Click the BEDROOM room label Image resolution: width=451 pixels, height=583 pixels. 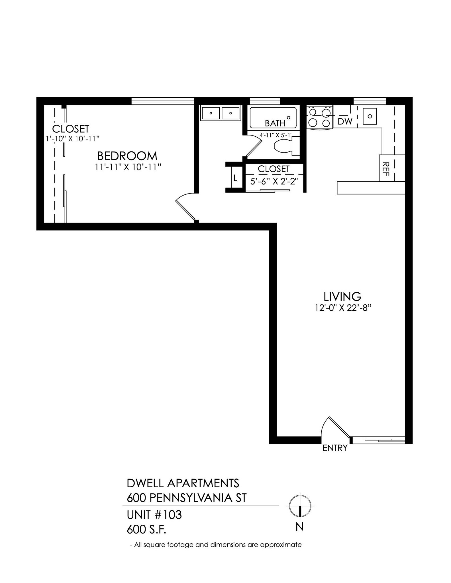point(127,156)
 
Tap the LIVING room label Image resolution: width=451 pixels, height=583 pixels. point(342,297)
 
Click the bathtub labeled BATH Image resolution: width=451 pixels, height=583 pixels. point(273,117)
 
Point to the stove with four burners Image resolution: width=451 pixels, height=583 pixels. point(319,117)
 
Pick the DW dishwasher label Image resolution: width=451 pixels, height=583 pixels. point(345,122)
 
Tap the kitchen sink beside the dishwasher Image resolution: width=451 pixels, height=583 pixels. point(370,116)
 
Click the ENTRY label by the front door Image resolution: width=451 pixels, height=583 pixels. point(335,448)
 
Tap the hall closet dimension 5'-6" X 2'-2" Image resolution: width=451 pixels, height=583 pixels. point(274,181)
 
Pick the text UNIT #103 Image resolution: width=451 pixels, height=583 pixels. point(154,515)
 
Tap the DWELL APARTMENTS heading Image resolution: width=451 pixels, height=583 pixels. point(183,483)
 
